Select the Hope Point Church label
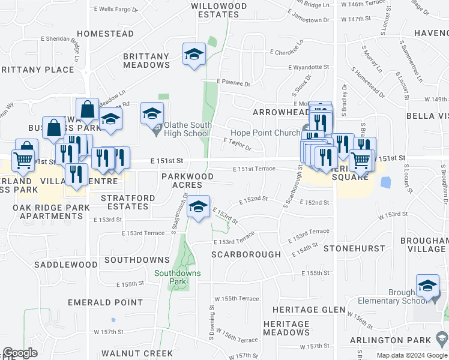click(266, 133)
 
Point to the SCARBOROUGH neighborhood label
click(246, 254)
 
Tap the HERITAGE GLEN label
click(309, 310)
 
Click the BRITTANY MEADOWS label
click(146, 61)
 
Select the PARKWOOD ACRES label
click(187, 181)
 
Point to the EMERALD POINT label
click(105, 303)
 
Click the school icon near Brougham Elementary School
click(427, 286)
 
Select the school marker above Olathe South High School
click(152, 112)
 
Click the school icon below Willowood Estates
click(194, 55)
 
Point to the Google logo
click(20, 353)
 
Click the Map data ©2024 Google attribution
click(411, 356)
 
